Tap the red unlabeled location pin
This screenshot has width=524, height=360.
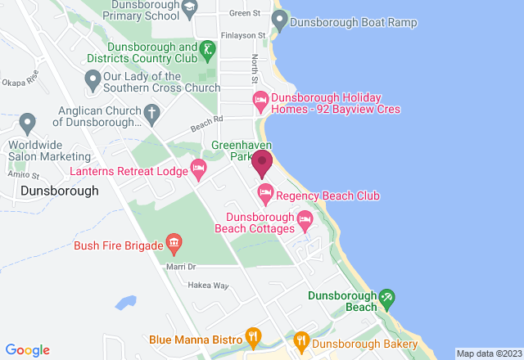click(x=262, y=164)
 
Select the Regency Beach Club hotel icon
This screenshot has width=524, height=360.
click(x=264, y=195)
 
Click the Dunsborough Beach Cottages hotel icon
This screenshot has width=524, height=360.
click(x=305, y=218)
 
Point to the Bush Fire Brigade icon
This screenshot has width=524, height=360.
click(x=174, y=243)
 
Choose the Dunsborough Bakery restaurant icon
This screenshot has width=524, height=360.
click(x=301, y=338)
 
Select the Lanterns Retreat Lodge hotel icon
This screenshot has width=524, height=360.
click(x=198, y=170)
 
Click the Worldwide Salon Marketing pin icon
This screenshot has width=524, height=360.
click(x=29, y=124)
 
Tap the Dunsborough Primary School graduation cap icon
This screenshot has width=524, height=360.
click(x=190, y=8)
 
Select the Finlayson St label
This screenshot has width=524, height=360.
click(x=243, y=36)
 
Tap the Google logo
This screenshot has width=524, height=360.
click(x=26, y=349)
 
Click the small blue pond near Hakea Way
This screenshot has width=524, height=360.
click(x=125, y=304)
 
